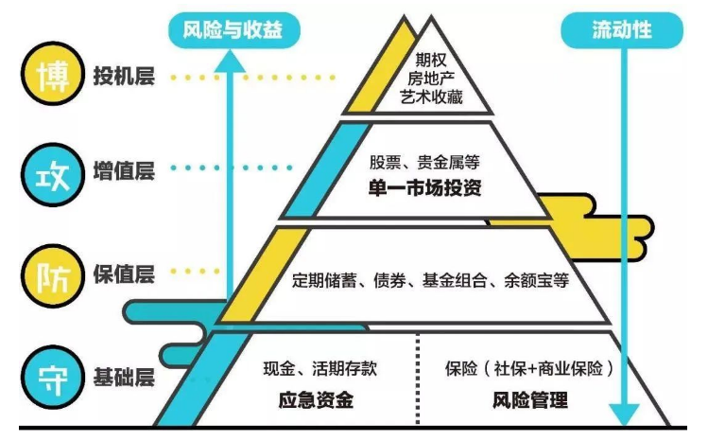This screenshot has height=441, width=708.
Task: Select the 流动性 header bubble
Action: pyautogui.click(x=622, y=30)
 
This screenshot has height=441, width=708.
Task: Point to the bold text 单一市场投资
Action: pyautogui.click(x=424, y=187)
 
